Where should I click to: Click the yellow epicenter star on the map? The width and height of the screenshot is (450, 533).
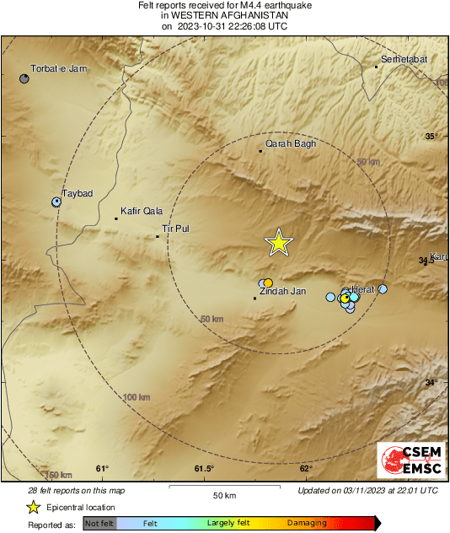(x=279, y=243)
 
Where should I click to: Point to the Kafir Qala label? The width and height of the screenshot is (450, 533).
(x=142, y=212)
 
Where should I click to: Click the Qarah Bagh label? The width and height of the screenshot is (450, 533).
(x=291, y=144)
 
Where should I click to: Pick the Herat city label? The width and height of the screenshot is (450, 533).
(x=362, y=289)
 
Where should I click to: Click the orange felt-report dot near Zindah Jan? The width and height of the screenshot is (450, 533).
(x=268, y=283)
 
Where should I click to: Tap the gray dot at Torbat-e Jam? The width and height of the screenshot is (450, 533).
(x=25, y=78)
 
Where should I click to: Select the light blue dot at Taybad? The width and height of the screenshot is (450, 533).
(x=56, y=202)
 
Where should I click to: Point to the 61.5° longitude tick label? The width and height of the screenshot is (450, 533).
(x=204, y=469)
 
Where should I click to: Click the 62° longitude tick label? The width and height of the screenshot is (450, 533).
(x=306, y=469)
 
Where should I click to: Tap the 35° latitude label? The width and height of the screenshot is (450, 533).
(x=431, y=137)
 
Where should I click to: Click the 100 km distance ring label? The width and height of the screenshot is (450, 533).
(x=137, y=397)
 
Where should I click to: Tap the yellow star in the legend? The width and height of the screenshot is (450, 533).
(x=33, y=507)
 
